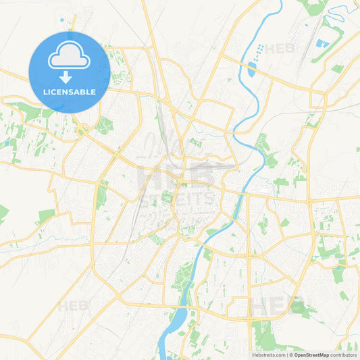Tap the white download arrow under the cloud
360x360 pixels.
click(69, 76)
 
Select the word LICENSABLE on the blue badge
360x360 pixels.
click(69, 92)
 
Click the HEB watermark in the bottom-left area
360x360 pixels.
click(73, 306)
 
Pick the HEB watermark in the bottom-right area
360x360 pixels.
click(277, 306)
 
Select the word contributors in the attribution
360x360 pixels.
click(346, 354)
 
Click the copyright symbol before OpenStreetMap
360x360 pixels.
click(291, 354)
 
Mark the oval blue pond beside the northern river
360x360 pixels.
click(252, 68)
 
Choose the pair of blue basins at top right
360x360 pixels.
click(323, 43)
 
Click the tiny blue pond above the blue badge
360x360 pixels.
click(66, 21)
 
